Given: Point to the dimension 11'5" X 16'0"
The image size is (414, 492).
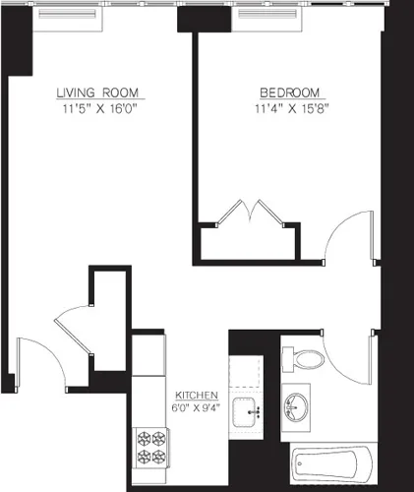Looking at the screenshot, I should pos(98,109).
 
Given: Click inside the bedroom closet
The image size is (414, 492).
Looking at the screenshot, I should pos(246,242).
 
